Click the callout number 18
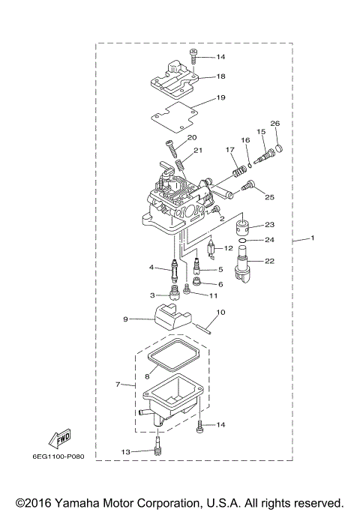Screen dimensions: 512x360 (221, 76)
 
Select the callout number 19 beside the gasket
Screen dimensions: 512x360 (221, 97)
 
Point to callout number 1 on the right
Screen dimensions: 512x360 (313, 238)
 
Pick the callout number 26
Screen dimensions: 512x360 (274, 123)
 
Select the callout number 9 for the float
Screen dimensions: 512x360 (126, 319)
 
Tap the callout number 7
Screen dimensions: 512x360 (118, 385)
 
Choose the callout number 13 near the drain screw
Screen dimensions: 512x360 (125, 452)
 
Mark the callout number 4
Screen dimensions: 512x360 (151, 267)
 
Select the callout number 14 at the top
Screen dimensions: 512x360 (220, 57)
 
